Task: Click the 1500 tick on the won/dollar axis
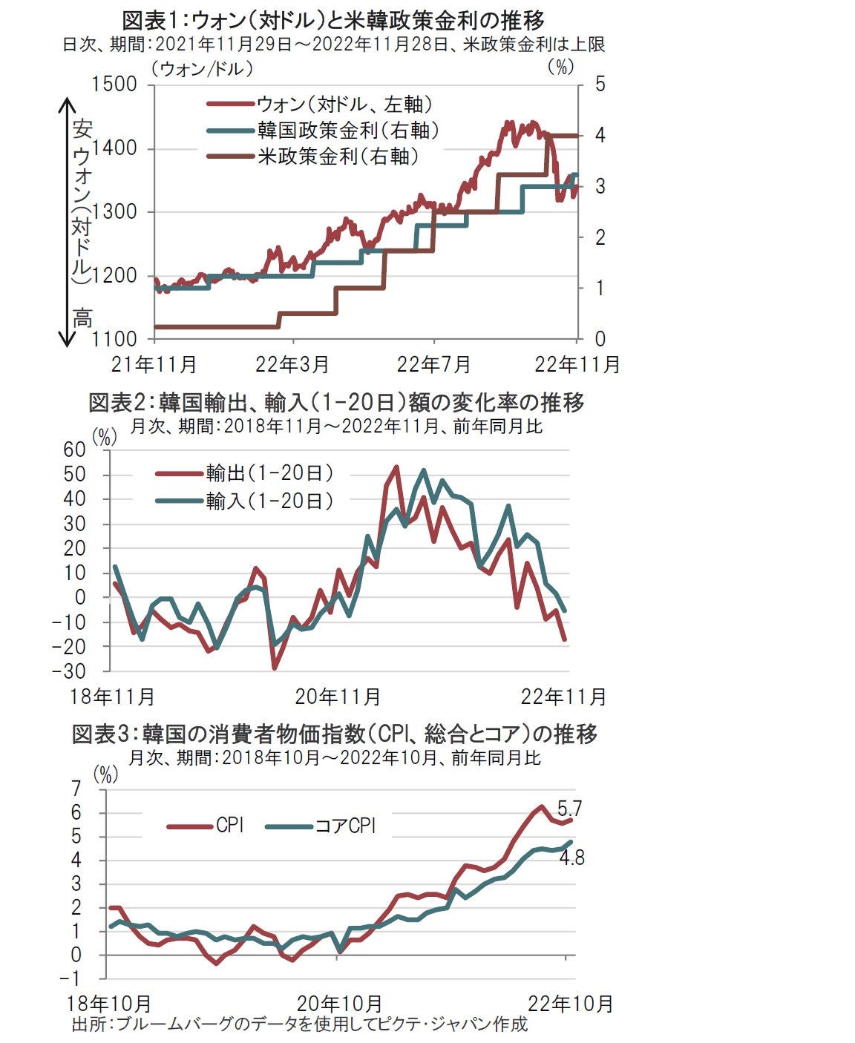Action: [114, 85]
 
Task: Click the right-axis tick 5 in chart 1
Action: [600, 85]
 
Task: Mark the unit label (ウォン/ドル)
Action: [202, 68]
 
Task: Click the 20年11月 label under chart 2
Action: [338, 697]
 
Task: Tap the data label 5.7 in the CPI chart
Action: [569, 808]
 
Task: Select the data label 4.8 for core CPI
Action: [571, 858]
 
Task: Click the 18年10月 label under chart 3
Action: [109, 1004]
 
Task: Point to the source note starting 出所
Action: [299, 1024]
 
